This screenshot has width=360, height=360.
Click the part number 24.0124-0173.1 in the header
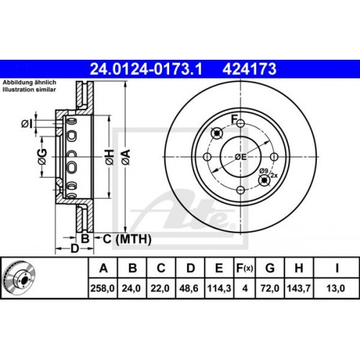146,69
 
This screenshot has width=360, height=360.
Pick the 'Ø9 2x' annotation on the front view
267,173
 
